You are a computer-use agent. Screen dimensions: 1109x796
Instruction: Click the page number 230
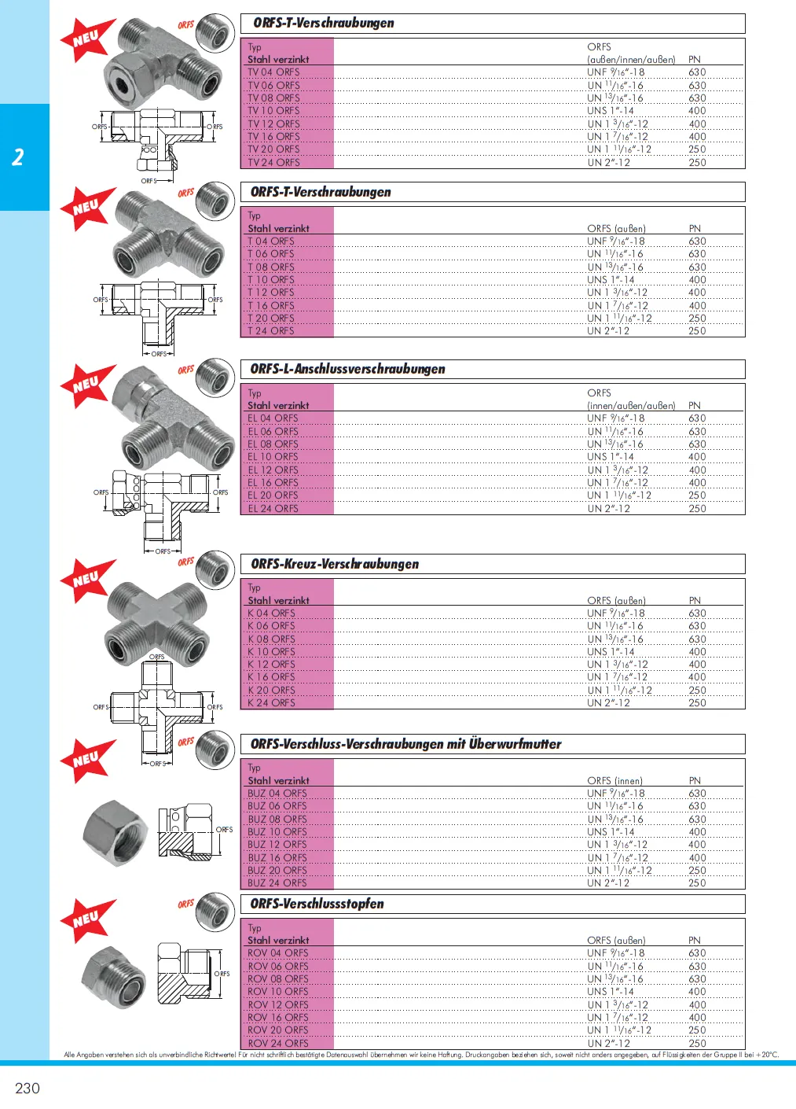coord(28,1088)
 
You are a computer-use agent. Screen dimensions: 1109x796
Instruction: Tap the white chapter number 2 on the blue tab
coord(18,157)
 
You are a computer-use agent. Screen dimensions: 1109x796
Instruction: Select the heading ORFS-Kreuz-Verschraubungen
coord(335,564)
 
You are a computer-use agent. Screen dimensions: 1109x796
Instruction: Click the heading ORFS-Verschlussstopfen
coord(317,904)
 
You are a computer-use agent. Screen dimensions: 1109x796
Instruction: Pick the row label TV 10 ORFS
coord(273,111)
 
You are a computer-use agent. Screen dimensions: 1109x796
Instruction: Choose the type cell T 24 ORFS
coord(271,331)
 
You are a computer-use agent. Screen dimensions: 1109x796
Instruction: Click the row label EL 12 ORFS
coord(273,470)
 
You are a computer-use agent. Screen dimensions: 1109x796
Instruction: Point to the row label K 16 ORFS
coord(271,677)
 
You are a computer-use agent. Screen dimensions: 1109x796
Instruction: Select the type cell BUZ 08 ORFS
coord(277,819)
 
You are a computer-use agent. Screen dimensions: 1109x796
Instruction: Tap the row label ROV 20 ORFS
coord(277,1030)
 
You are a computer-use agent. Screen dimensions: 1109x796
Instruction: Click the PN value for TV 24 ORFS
coord(697,163)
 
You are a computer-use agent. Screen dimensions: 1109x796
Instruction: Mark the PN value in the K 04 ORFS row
coord(697,613)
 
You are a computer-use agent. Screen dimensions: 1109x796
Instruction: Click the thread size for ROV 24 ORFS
coord(608,1043)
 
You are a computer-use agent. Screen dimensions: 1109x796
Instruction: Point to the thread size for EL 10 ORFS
coord(610,457)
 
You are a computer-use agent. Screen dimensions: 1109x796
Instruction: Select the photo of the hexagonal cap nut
coord(115,833)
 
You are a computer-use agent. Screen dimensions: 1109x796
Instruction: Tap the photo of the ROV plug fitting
coord(113,976)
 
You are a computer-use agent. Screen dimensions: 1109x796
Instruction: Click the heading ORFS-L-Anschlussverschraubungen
coord(347,369)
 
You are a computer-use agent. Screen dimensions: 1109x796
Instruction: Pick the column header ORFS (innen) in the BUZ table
coord(614,780)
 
